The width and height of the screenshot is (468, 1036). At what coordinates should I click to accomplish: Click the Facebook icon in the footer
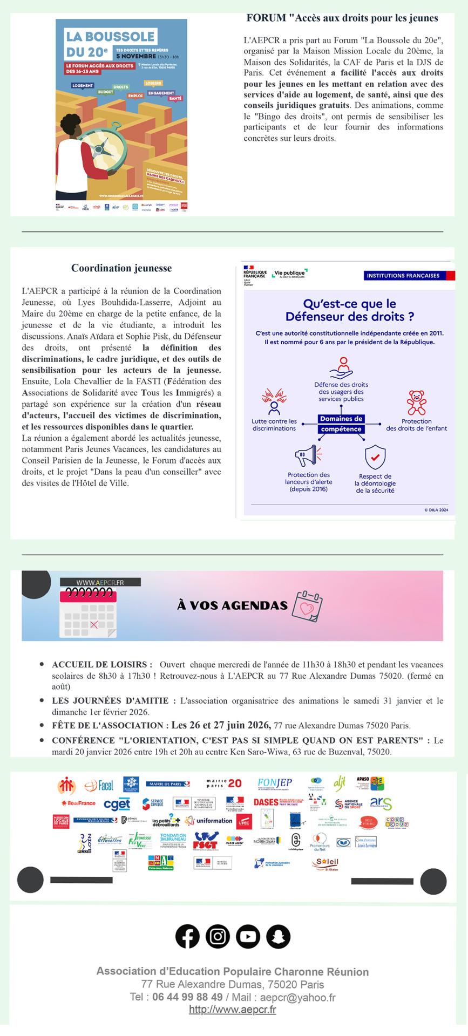tap(187, 936)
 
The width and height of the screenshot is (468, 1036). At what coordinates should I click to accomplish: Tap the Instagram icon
tap(218, 936)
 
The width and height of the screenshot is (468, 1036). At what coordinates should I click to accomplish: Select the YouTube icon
tap(248, 936)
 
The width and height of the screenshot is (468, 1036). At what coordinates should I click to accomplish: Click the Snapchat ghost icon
tap(278, 936)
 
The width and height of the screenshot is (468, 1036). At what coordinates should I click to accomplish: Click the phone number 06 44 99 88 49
tap(187, 997)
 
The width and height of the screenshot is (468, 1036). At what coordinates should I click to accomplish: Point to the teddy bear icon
tap(416, 403)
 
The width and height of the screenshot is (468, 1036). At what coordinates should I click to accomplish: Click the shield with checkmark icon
tap(375, 457)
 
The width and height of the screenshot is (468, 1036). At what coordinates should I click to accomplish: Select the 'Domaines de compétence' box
tap(341, 424)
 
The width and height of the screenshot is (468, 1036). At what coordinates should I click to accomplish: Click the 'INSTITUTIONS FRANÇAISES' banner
tap(403, 276)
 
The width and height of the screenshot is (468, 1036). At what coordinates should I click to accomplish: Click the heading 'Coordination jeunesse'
tap(121, 268)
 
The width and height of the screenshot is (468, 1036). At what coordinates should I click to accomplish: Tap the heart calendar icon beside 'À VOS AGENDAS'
tap(307, 606)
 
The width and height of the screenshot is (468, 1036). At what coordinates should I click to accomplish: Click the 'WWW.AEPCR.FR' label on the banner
tap(100, 582)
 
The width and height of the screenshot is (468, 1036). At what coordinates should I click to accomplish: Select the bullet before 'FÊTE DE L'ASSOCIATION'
tap(42, 725)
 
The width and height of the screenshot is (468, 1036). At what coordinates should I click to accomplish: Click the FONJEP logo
tap(275, 783)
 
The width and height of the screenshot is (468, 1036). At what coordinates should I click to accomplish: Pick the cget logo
tap(117, 805)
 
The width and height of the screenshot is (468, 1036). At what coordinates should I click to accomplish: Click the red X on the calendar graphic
tap(94, 625)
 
